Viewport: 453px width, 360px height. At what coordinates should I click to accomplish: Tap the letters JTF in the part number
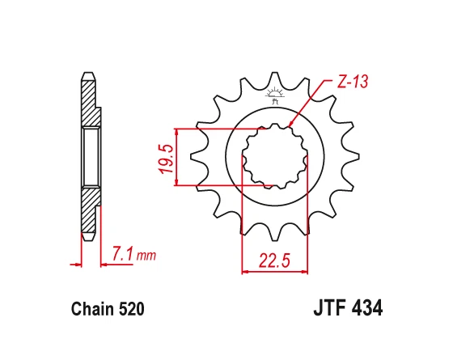point(328,308)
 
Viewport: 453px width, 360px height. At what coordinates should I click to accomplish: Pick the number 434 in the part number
point(365,308)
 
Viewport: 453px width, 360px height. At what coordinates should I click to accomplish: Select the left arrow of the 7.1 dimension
point(79,263)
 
